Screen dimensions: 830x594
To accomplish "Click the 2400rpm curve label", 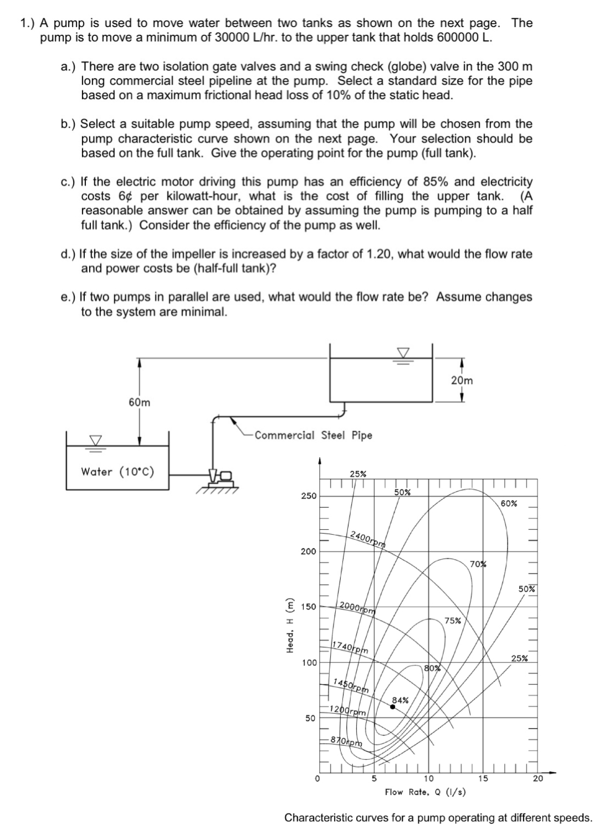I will pyautogui.click(x=368, y=538).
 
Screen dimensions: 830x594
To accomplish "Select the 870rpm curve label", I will pyautogui.click(x=346, y=741).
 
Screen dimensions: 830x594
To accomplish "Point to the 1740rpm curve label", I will pyautogui.click(x=350, y=647).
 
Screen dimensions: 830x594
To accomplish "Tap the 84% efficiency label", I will pyautogui.click(x=400, y=700).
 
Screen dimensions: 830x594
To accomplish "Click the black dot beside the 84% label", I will pyautogui.click(x=393, y=707).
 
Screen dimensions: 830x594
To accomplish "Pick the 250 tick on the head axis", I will pyautogui.click(x=308, y=496).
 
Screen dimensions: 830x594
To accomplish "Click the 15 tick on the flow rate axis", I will pyautogui.click(x=483, y=778).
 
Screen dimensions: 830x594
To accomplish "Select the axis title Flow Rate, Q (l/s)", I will pyautogui.click(x=425, y=792).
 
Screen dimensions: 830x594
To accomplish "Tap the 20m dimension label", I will pyautogui.click(x=462, y=381).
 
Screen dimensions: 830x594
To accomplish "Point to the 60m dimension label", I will pyautogui.click(x=139, y=402).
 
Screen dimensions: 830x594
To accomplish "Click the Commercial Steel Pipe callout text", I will pyautogui.click(x=313, y=436).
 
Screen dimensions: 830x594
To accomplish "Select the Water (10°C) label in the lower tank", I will pyautogui.click(x=117, y=472).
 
